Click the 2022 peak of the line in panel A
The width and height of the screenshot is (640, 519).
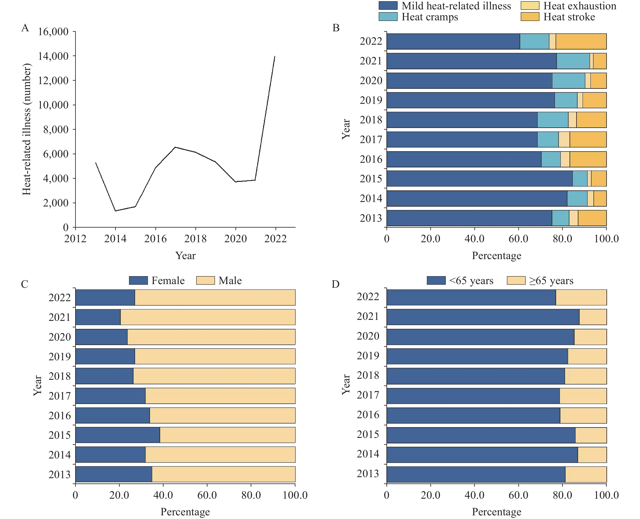point(275,56)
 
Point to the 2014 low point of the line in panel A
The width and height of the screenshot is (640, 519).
point(115,211)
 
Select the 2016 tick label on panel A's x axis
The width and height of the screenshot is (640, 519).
point(155,239)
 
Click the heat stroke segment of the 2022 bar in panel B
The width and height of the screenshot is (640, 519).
point(581,41)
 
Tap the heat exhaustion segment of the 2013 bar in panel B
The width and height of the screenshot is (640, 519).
point(573,218)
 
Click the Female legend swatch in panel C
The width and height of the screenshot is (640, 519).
point(138,280)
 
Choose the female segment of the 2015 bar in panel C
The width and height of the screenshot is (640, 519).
point(117,435)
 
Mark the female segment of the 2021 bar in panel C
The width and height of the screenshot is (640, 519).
point(98,317)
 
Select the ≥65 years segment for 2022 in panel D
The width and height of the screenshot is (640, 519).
point(581,298)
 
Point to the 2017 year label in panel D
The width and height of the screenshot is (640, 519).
point(368,395)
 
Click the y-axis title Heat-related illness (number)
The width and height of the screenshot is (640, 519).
point(27,129)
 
